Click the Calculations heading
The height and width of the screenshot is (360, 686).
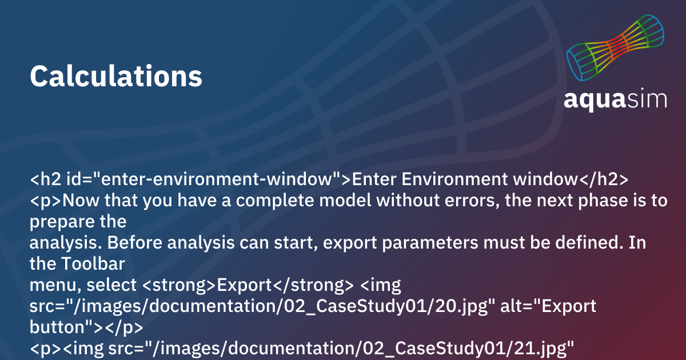(115, 75)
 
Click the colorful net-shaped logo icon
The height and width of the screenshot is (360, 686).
(615, 47)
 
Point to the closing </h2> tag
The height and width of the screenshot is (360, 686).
(603, 179)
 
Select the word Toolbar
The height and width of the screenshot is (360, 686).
(93, 263)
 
